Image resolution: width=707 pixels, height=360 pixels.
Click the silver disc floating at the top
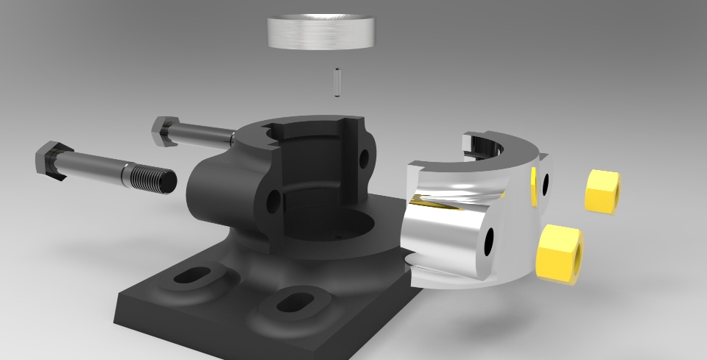point(321,32)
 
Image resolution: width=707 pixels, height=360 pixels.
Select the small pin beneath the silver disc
point(337,82)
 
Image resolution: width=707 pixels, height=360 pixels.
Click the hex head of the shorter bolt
point(165,131)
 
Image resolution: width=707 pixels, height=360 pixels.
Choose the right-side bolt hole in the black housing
point(364,158)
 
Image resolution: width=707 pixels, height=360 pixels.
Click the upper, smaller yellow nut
point(602,191)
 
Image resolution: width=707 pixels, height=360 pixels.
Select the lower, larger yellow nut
point(560,253)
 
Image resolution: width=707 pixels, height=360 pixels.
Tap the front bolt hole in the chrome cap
point(489,242)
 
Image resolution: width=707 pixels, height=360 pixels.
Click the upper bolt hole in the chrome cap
point(546,184)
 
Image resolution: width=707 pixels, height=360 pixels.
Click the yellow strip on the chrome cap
point(532,187)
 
